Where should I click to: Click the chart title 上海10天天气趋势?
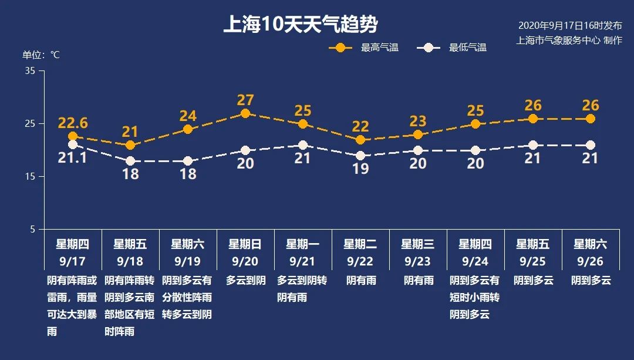tap(300, 25)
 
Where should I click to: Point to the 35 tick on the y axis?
tap(31, 70)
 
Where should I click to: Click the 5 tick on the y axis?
tap(33, 229)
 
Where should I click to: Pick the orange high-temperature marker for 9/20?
tap(245, 113)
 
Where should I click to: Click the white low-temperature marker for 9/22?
tap(360, 156)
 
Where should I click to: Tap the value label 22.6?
tap(73, 123)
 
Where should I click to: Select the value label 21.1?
tap(73, 158)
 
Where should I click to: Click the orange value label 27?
tap(245, 100)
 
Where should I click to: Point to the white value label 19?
tap(360, 169)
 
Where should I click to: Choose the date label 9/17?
tap(73, 261)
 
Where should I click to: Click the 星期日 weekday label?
tap(245, 244)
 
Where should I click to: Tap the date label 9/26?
tap(591, 261)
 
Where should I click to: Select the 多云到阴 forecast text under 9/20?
tap(245, 280)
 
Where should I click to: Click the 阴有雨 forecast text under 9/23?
tap(418, 280)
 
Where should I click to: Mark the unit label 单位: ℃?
tap(41, 55)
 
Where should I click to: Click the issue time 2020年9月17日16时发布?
tap(569, 26)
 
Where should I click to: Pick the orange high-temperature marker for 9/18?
tap(130, 145)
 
